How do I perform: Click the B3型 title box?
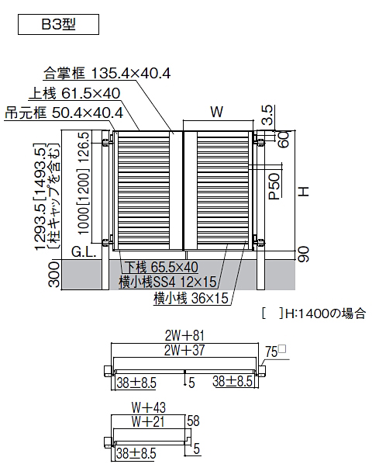pos(58,24)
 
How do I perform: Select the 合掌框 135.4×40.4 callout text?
pos(107,73)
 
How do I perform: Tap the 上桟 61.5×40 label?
pos(74,93)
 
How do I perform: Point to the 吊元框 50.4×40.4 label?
pos(64,113)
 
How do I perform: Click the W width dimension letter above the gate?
pos(217,112)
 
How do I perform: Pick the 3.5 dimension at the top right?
pos(267,115)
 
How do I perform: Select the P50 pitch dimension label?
pos(274,186)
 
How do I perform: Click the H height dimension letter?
pos(304,191)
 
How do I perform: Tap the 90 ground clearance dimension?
pos(303,255)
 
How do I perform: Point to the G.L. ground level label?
pos(84,252)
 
